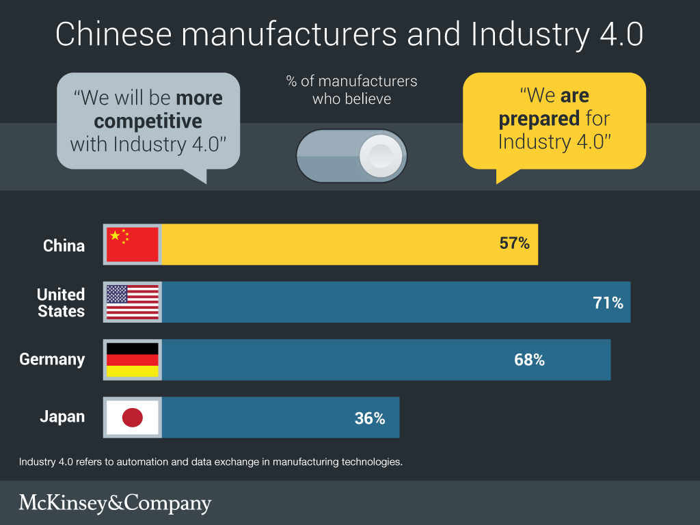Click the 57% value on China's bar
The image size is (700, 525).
click(514, 243)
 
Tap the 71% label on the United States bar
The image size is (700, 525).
click(608, 302)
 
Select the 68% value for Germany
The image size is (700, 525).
click(529, 360)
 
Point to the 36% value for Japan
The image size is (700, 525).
click(370, 418)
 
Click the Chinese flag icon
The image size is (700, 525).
click(133, 244)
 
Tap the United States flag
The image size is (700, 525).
click(133, 302)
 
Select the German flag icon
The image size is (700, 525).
click(133, 360)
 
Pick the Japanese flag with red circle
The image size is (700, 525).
click(133, 418)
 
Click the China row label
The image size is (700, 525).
click(64, 245)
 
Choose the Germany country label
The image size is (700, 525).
click(52, 360)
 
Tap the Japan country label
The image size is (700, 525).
click(62, 417)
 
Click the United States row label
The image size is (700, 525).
click(61, 303)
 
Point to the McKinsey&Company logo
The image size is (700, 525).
click(115, 504)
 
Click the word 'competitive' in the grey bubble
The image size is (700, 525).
click(148, 122)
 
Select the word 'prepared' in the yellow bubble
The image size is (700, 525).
click(539, 118)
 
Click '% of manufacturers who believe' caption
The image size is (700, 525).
click(351, 90)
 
